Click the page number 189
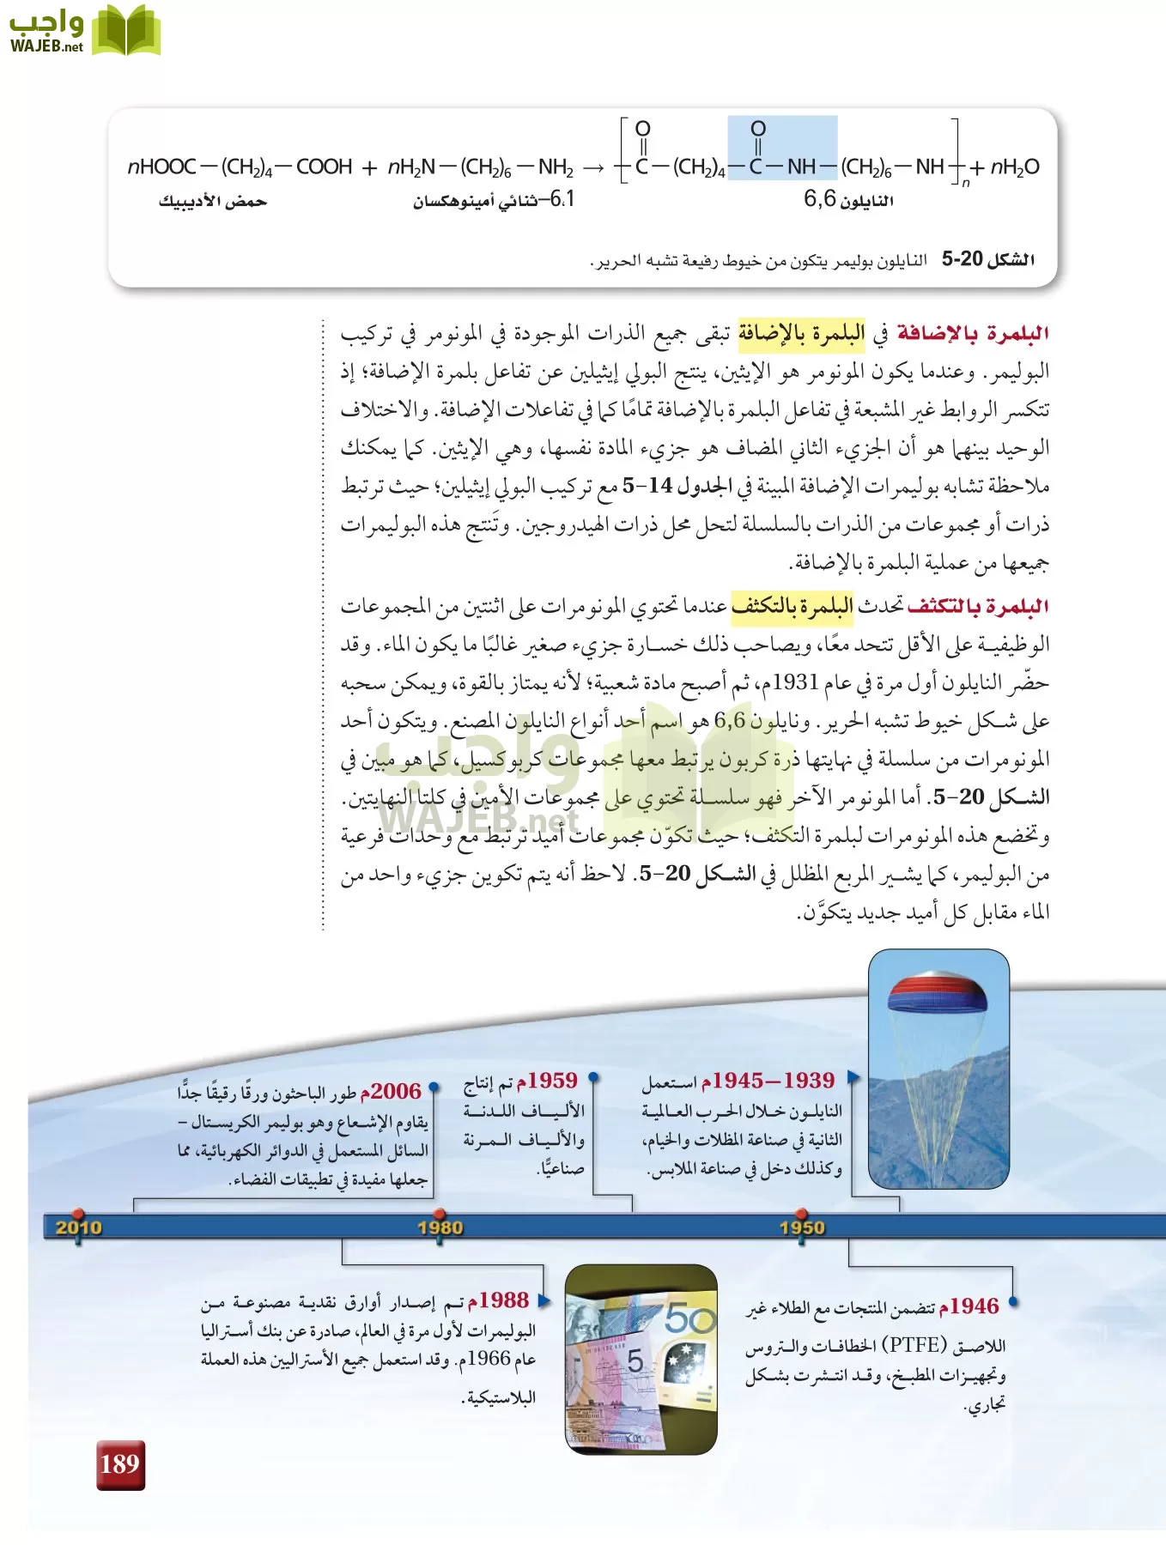click(x=119, y=1463)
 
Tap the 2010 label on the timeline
click(x=78, y=1227)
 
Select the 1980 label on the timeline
click(x=440, y=1227)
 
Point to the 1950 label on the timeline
click(x=802, y=1227)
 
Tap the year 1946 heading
click(x=969, y=1306)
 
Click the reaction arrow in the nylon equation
click(x=593, y=167)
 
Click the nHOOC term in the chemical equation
click(x=161, y=167)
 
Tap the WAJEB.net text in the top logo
click(x=46, y=46)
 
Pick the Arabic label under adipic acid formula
click(x=212, y=202)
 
